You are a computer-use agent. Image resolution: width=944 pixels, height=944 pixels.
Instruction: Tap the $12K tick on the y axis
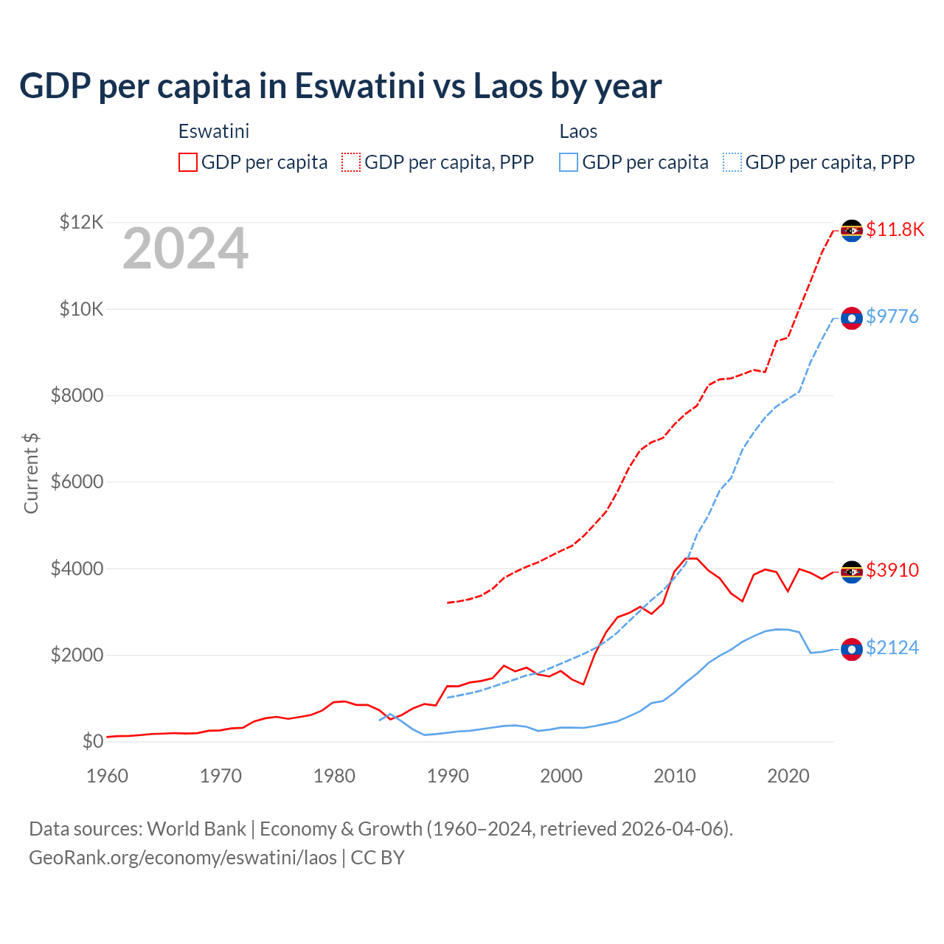point(81,222)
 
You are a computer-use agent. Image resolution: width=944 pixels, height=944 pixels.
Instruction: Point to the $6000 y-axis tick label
point(77,482)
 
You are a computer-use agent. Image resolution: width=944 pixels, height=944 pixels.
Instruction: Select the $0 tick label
point(92,742)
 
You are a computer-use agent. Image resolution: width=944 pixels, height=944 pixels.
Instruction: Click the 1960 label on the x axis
point(108,776)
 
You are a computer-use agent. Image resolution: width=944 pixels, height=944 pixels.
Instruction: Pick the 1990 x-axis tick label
point(448,776)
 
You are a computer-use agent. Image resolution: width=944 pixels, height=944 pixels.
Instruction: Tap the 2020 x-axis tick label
point(788,776)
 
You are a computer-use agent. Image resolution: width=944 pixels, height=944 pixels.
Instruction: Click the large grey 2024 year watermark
point(185,249)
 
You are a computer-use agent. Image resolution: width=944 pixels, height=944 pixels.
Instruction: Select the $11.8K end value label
point(895,229)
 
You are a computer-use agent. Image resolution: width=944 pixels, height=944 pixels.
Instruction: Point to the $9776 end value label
point(892,317)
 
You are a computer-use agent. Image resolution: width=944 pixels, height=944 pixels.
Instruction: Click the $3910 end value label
point(892,570)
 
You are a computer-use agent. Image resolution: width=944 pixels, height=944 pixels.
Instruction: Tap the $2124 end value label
point(892,648)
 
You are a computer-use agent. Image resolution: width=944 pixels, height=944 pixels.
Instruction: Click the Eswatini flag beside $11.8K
point(852,231)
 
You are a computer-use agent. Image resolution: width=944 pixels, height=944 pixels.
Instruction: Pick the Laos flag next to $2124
point(852,649)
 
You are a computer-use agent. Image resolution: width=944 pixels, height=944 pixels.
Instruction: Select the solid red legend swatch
point(188,162)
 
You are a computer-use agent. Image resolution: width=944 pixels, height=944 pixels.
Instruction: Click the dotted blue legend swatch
point(732,162)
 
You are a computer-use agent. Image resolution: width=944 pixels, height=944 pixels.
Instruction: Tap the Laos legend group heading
point(578,132)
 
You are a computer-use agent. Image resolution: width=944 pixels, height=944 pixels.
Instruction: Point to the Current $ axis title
point(31,473)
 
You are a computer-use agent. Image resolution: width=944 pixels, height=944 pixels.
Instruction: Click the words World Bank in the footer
point(196,829)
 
